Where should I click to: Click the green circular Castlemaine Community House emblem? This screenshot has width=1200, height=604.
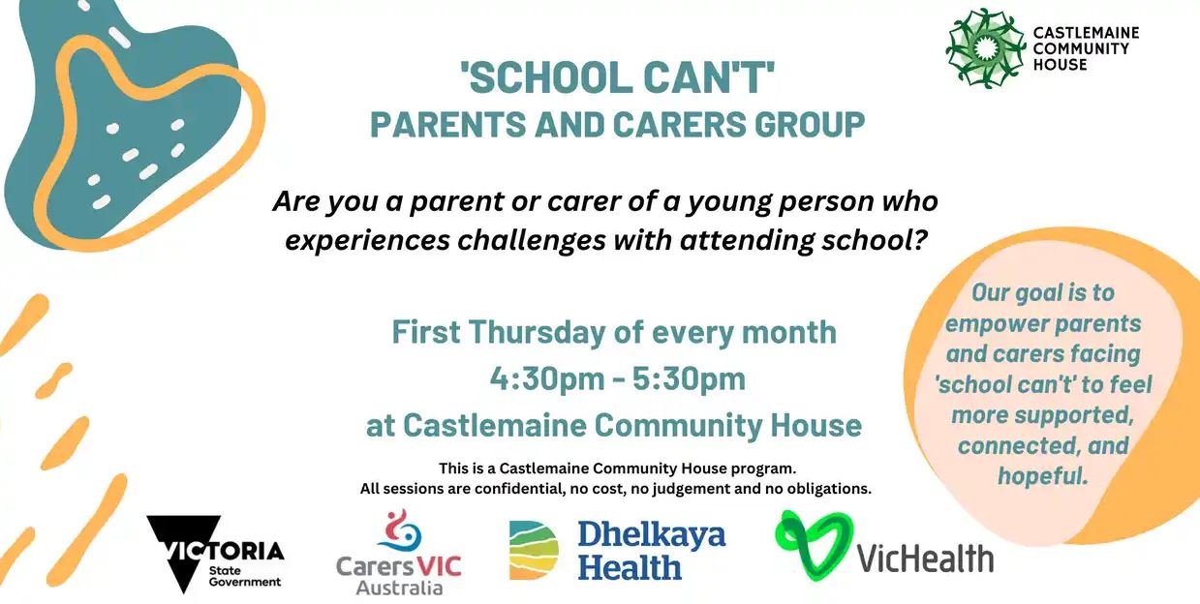tap(985, 48)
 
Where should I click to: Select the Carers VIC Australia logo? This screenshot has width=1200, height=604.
tap(399, 552)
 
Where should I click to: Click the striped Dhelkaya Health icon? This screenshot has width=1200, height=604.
tap(534, 550)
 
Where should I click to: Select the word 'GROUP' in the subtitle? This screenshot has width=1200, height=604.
tap(810, 124)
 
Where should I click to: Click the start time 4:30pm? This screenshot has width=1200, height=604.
tap(547, 378)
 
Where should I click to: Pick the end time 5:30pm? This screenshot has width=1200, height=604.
tap(689, 378)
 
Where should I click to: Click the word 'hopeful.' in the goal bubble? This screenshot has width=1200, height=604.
tap(1042, 476)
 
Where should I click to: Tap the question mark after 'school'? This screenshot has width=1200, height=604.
tap(920, 240)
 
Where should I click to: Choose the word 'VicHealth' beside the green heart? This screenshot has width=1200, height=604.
tap(925, 559)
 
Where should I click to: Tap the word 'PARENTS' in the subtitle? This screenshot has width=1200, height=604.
tap(447, 124)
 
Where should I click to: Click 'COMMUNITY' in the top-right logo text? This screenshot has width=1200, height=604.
tap(1081, 48)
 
